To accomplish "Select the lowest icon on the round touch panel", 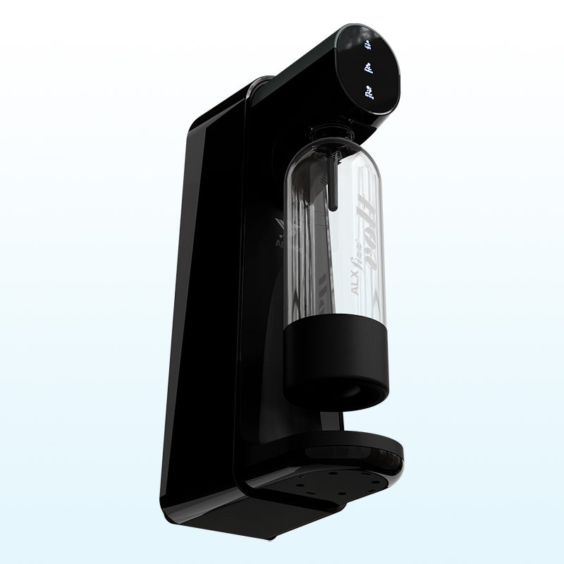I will [x=367, y=90].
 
